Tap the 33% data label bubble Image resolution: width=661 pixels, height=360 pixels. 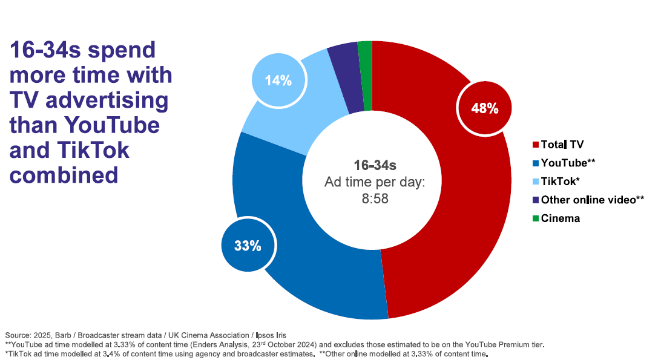[248, 246]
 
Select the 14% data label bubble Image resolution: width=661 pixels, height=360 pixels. [278, 80]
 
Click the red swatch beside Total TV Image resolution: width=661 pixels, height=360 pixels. [535, 145]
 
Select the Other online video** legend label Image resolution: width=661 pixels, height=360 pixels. [592, 200]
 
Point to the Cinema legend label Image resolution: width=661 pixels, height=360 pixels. [560, 218]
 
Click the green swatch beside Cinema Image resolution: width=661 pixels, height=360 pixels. [535, 218]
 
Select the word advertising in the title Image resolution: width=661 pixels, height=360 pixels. [108, 100]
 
